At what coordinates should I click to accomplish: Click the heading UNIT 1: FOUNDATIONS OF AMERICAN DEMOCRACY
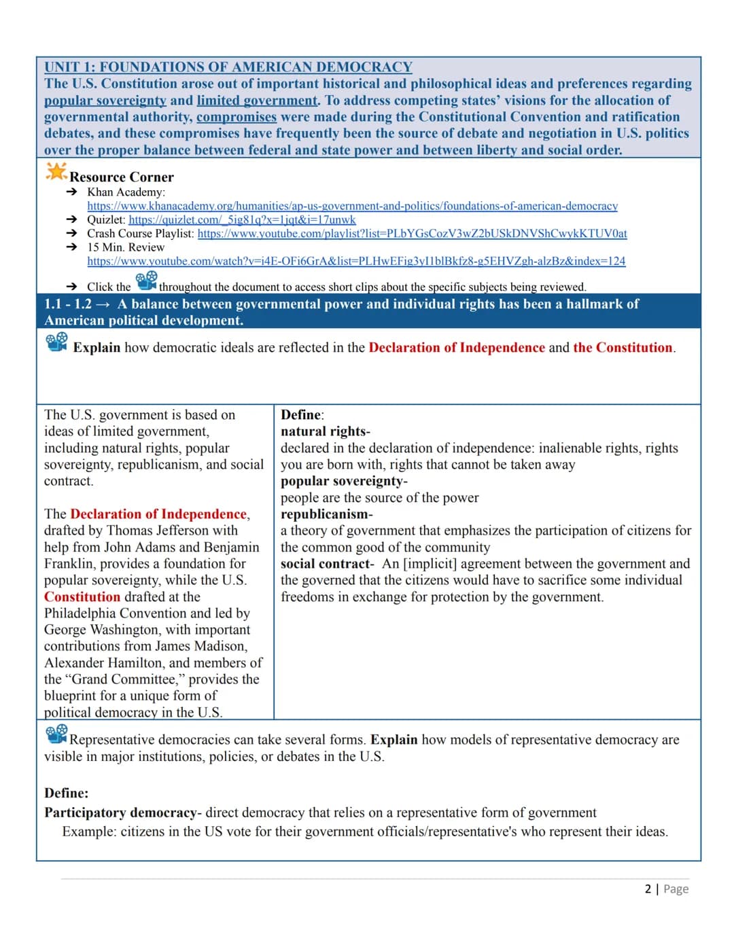(x=228, y=67)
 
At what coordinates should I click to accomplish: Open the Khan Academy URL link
(x=352, y=206)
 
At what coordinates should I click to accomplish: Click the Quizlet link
(x=242, y=219)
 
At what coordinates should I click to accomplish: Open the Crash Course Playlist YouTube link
(x=412, y=233)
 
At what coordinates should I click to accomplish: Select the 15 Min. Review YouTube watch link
(x=356, y=261)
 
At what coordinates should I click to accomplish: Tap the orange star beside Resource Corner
(x=56, y=172)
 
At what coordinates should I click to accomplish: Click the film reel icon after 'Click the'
(x=146, y=281)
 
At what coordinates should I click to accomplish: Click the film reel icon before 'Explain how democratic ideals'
(x=57, y=341)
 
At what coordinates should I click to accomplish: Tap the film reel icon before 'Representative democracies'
(x=56, y=734)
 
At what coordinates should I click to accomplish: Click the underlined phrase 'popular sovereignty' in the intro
(x=105, y=101)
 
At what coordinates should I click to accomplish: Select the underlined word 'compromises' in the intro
(x=237, y=117)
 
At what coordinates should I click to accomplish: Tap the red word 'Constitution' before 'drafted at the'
(x=82, y=597)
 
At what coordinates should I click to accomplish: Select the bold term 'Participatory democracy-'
(x=123, y=812)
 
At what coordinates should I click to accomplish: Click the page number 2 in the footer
(x=648, y=889)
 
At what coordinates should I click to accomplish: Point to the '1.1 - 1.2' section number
(x=68, y=304)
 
